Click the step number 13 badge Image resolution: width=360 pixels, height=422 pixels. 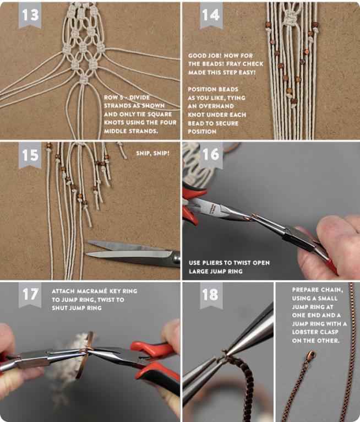point(30,15)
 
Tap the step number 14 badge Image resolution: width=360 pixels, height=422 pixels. point(211,15)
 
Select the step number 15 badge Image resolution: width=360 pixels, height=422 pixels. point(30,155)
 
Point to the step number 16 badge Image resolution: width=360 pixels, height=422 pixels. point(211,155)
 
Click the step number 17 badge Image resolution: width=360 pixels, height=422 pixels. point(30,295)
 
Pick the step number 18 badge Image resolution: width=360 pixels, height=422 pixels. point(211,295)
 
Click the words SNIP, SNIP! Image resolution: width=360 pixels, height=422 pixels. point(152,153)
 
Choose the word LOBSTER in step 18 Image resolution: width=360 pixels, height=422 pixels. point(306,332)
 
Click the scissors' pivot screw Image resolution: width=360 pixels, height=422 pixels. point(176,258)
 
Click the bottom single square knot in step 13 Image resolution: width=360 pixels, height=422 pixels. point(84,79)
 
